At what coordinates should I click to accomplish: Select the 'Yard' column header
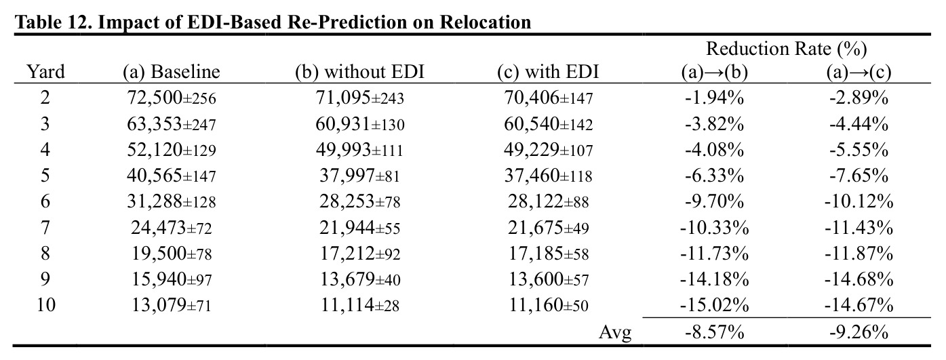coord(45,72)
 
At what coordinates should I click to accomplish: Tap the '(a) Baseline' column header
coord(172,72)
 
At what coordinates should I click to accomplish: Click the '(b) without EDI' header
coord(359,72)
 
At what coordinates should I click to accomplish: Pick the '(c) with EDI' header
coord(548,72)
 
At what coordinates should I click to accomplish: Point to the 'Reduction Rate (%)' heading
coord(787,49)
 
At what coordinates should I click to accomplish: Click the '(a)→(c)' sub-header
coord(859,72)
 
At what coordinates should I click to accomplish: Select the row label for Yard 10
coord(45,304)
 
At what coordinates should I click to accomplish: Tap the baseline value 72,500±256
coord(172,98)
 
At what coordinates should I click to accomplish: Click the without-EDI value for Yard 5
coord(359,176)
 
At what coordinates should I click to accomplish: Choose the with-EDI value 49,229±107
coord(548,150)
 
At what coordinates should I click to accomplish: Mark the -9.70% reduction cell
coord(714,201)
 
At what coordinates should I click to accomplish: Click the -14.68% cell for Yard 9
coord(859,279)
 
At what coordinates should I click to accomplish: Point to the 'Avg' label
coord(615,333)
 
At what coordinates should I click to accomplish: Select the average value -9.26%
coord(859,333)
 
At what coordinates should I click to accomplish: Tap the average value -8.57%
coord(714,333)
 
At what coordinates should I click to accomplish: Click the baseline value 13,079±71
coord(172,304)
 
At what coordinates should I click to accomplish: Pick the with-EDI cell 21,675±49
coord(548,228)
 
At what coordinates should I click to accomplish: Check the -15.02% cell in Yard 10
coord(714,304)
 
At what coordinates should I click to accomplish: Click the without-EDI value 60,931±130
coord(359,124)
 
